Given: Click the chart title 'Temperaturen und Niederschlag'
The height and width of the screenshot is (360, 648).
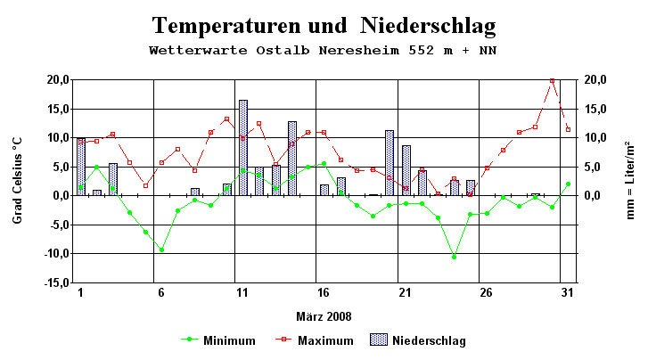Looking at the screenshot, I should (x=323, y=25).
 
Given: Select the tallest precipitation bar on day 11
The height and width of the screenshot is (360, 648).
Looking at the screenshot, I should (x=242, y=148).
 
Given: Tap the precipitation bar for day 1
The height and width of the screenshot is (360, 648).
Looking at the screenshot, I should (x=81, y=168).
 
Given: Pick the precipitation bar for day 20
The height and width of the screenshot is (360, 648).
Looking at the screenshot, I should (x=390, y=163).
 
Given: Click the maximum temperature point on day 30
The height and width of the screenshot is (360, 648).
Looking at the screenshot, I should (x=552, y=81).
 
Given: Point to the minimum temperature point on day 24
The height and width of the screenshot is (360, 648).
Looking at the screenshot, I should (x=455, y=257).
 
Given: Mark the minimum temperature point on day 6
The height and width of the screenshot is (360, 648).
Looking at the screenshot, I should (x=161, y=250).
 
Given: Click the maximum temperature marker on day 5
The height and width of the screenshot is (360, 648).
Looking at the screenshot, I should (x=145, y=185).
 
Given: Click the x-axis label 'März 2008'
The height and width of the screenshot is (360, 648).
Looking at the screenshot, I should (x=324, y=316).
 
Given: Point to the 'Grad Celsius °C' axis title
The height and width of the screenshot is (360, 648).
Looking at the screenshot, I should (x=18, y=180).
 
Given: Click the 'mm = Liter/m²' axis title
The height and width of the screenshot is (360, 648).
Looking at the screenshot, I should (x=629, y=180).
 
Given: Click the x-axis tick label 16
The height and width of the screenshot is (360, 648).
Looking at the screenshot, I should (x=324, y=293).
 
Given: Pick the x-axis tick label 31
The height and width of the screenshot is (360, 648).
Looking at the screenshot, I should (x=568, y=293).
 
